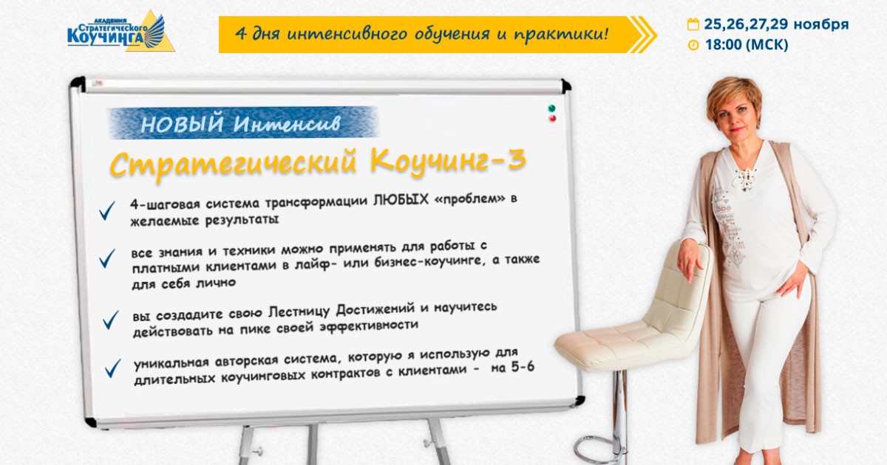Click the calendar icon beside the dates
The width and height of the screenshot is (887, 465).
coord(693,24)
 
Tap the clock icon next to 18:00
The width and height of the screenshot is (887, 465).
coord(693,45)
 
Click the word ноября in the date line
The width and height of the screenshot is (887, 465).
coord(821,24)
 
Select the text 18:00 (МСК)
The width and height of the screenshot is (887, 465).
coord(747,45)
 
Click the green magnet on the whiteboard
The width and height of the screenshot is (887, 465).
coord(551,108)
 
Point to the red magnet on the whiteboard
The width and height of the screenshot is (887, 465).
coord(552,119)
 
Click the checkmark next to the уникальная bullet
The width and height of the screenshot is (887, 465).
coord(112,368)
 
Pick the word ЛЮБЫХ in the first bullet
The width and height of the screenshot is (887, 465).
coord(401,200)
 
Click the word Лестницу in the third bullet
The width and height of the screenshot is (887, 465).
coord(299,312)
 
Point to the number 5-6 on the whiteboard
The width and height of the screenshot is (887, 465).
coord(523,367)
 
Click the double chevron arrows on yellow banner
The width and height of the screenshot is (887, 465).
coord(642,35)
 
